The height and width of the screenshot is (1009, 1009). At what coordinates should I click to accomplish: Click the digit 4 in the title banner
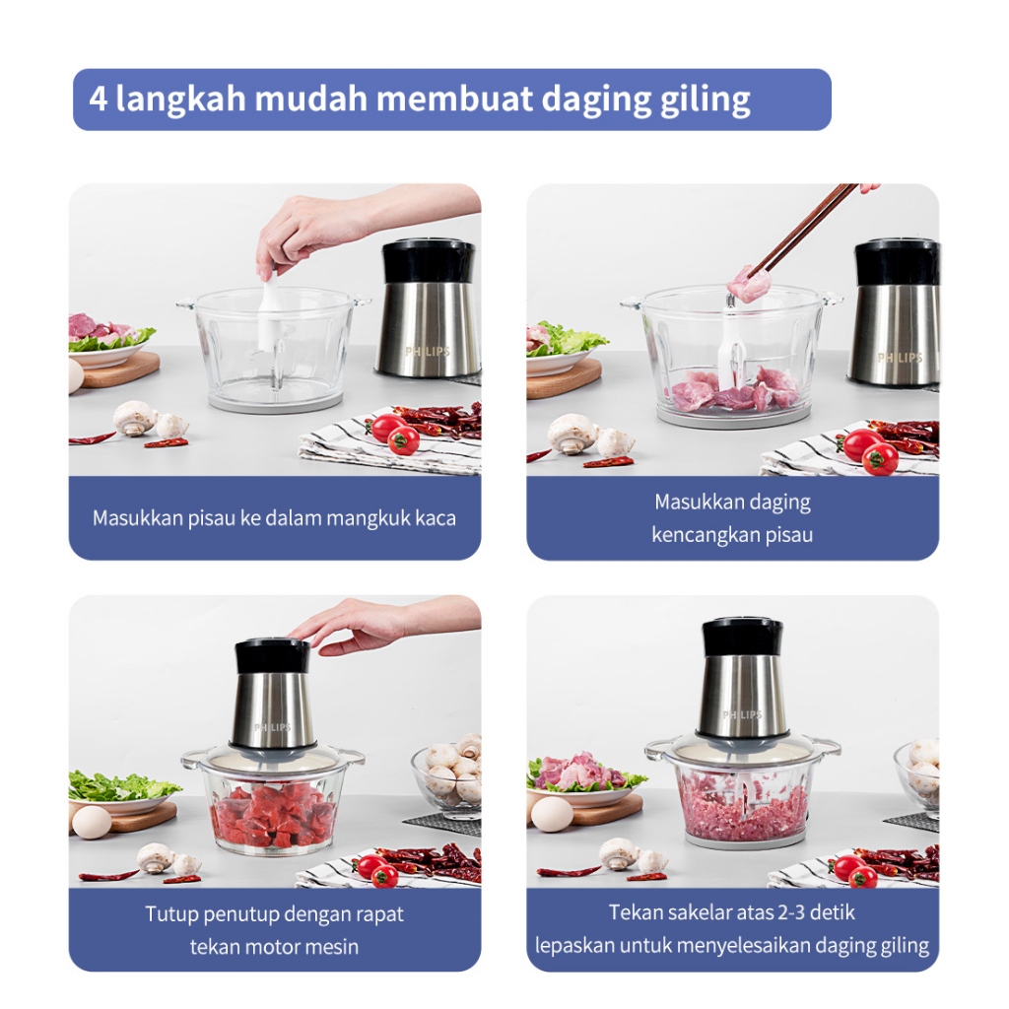point(98,99)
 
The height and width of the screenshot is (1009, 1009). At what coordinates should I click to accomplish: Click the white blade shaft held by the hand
point(271,308)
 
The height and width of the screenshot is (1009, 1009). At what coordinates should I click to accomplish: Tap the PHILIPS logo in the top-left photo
point(428,352)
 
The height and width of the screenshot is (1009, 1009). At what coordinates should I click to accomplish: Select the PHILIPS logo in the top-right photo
point(901,357)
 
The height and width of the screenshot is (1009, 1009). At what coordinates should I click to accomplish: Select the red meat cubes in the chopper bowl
point(274,815)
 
